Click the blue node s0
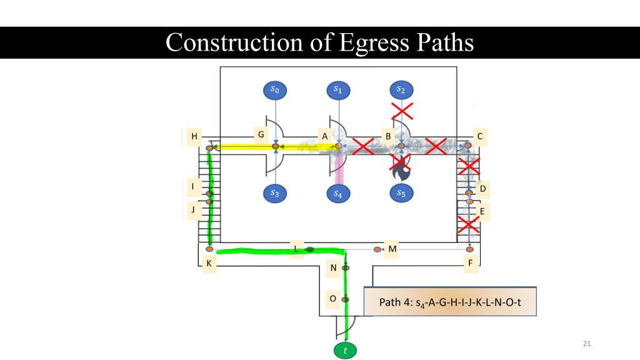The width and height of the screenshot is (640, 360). (x=275, y=90)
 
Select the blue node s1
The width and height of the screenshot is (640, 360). (x=338, y=90)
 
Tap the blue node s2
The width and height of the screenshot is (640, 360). (x=401, y=90)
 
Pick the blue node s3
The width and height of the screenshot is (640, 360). (x=275, y=193)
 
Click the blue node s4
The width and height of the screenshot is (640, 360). (x=338, y=193)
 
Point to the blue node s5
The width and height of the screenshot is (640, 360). (x=401, y=193)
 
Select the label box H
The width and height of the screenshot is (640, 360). (x=194, y=136)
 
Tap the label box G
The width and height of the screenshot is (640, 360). (x=261, y=134)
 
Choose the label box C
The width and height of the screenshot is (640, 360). (x=480, y=136)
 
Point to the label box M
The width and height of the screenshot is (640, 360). (x=392, y=249)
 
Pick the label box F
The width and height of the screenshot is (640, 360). (x=471, y=264)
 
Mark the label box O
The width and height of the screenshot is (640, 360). (x=333, y=299)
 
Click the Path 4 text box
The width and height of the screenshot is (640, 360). (x=450, y=302)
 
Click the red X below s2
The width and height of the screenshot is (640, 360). (x=402, y=111)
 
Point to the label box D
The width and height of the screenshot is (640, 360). (x=482, y=188)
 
